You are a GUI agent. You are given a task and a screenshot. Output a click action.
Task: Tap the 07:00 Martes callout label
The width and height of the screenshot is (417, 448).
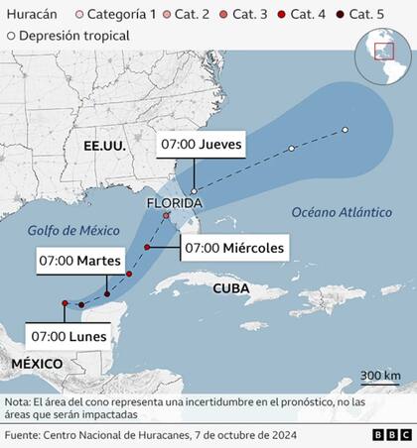77,261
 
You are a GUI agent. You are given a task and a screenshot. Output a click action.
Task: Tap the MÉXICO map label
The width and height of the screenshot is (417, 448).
37,364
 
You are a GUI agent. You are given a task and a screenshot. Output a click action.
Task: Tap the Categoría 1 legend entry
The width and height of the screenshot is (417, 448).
116,15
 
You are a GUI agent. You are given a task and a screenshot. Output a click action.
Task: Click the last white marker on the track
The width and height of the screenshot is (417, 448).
345,130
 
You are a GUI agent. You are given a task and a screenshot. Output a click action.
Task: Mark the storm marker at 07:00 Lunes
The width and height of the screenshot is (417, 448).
65,303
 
